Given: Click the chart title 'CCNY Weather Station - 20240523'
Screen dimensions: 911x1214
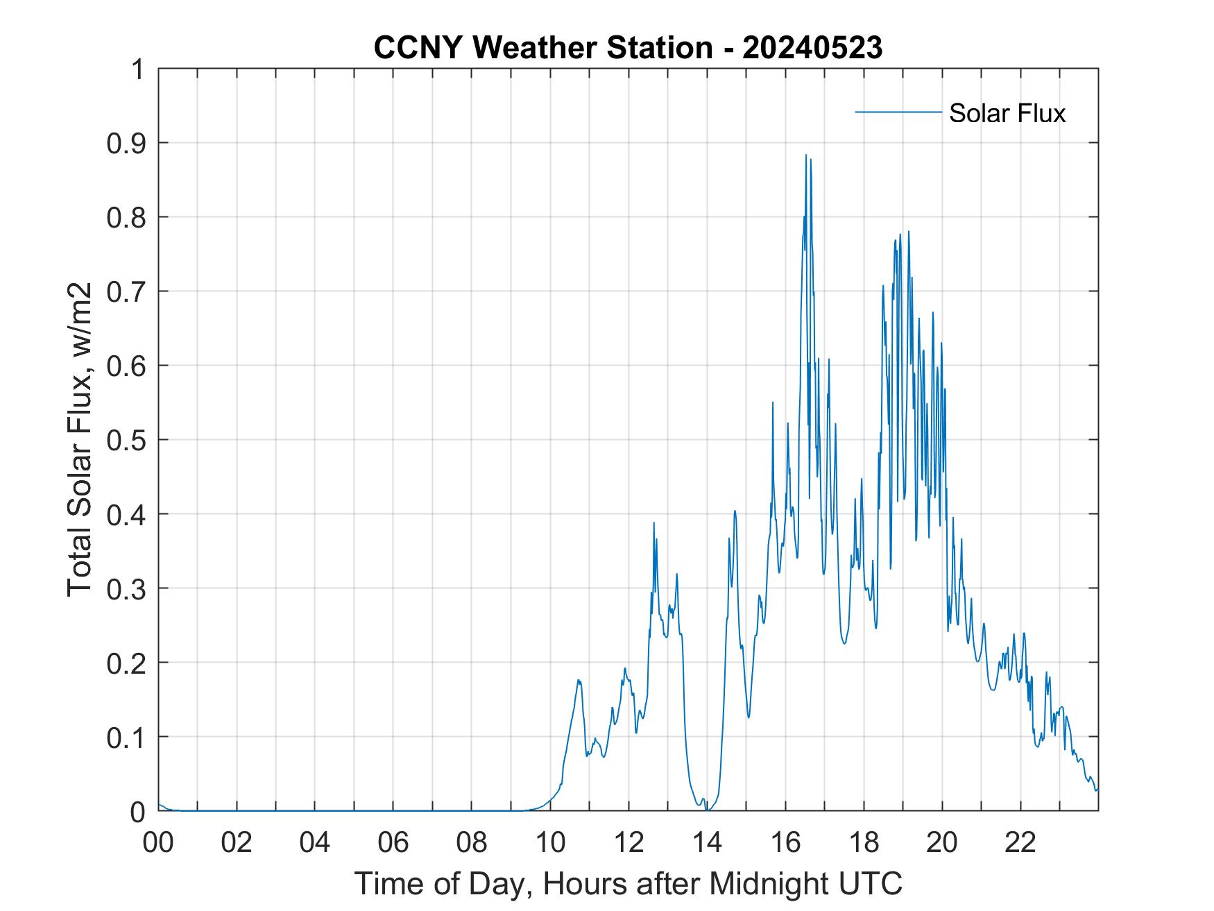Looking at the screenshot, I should tap(628, 48).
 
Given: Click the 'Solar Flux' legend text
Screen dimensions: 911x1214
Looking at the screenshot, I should tap(1007, 113).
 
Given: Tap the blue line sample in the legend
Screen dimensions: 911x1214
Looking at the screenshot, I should tap(898, 112).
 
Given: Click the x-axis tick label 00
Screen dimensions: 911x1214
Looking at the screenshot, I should tap(158, 842).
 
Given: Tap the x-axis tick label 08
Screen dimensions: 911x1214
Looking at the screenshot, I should tap(472, 842).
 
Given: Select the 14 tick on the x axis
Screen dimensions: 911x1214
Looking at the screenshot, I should tap(707, 842).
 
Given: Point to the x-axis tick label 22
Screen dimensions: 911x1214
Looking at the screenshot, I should tap(1020, 842).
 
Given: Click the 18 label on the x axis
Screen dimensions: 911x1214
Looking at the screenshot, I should tap(864, 842).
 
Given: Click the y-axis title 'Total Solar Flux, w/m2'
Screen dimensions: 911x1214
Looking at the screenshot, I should tap(80, 440).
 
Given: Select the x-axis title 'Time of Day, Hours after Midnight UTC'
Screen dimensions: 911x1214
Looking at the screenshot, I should tap(628, 883).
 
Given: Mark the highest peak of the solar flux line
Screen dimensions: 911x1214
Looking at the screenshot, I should tap(806, 155).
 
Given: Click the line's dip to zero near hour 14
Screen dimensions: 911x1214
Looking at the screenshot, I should tap(707, 809).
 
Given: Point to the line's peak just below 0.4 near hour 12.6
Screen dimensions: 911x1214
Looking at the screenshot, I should tap(653, 522).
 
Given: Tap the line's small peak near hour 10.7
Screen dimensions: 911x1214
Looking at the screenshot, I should tap(579, 680).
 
